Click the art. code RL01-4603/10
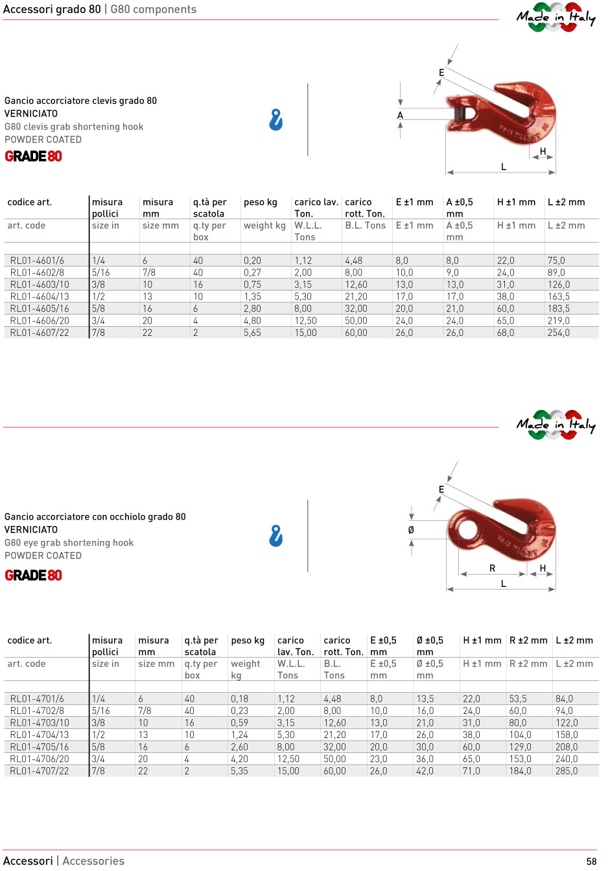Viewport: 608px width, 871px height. [40, 285]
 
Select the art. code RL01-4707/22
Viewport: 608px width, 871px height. [40, 771]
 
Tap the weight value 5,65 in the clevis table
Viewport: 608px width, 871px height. [252, 333]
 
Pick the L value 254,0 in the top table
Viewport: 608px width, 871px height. [558, 333]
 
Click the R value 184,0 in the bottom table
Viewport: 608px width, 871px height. [520, 771]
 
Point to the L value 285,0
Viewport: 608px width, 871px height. [566, 771]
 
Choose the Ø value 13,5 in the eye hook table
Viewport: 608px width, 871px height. [425, 699]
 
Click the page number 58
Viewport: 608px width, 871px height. [591, 861]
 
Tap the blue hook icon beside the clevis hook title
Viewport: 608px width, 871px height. [276, 120]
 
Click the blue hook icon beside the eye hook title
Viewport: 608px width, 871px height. [276, 536]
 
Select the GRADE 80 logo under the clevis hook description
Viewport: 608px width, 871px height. [34, 156]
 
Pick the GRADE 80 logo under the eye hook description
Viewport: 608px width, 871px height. [34, 575]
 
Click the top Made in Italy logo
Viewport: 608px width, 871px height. [555, 18]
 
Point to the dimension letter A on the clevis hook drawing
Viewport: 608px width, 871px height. [400, 115]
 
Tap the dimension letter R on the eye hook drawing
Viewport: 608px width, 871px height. [492, 568]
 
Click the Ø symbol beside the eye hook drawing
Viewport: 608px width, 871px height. [411, 530]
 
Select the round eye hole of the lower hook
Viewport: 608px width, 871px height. [467, 530]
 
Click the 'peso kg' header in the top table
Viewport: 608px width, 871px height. [260, 202]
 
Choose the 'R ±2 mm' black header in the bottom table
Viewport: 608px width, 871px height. [528, 641]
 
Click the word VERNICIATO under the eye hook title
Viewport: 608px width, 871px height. [31, 530]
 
